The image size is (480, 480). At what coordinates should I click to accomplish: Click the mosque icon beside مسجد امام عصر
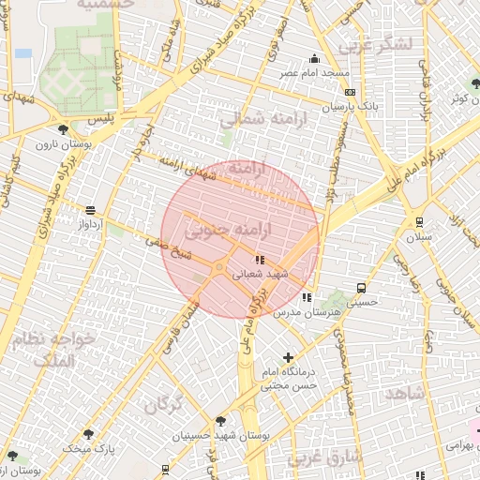pos(315,59)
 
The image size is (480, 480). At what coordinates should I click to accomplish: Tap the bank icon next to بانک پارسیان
pos(350,92)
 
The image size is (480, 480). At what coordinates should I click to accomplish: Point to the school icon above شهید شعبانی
pos(260,259)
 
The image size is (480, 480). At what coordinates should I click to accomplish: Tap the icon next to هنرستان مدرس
pos(307,297)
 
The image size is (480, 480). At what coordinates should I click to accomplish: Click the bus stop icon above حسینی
pos(361,289)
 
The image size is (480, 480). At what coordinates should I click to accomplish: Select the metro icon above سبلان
pos(418,222)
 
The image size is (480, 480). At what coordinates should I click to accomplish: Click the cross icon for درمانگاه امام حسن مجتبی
pos(288,357)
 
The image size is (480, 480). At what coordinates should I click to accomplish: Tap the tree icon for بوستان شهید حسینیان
pos(220,421)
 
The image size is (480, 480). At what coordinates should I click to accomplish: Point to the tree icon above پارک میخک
pos(88,434)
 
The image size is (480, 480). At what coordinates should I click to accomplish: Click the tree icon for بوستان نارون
pos(63,129)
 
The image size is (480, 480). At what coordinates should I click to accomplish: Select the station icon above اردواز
pos(90,211)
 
